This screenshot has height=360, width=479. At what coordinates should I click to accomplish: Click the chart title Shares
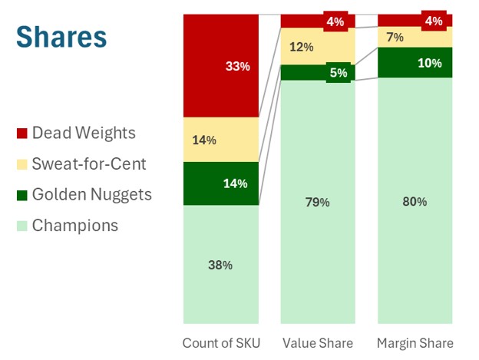click(61, 37)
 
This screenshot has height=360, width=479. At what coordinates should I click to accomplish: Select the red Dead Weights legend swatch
click(22, 134)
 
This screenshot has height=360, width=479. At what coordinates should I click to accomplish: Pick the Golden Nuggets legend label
click(91, 194)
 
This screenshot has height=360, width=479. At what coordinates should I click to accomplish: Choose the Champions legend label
click(74, 225)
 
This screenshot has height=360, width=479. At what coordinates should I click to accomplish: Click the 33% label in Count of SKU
click(238, 67)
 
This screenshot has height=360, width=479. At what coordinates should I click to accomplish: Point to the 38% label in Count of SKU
click(220, 265)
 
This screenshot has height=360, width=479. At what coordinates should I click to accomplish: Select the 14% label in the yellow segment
click(205, 140)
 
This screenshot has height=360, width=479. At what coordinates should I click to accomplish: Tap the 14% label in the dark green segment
click(235, 183)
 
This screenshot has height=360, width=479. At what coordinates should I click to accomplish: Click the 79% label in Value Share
click(318, 202)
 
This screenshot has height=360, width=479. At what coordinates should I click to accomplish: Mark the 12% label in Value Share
click(302, 47)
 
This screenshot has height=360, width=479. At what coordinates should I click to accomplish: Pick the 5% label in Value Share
click(338, 73)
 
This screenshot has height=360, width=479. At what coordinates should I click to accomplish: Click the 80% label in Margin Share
click(415, 202)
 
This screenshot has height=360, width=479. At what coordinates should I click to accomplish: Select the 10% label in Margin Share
click(430, 63)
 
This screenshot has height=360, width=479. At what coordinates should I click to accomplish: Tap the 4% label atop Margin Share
click(434, 21)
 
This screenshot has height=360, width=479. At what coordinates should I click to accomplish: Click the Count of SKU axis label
click(221, 343)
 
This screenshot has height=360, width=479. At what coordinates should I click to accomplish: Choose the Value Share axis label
click(318, 343)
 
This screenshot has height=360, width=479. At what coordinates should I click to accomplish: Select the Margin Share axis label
click(415, 343)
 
